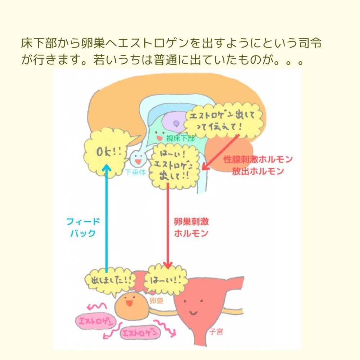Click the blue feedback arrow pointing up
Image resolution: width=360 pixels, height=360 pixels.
tap(106, 216)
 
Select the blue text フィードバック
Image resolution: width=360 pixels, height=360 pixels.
tap(83, 227)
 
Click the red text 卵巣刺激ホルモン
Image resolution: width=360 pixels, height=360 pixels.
tap(191, 227)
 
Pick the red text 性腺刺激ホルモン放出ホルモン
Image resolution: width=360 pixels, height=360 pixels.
tap(258, 165)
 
